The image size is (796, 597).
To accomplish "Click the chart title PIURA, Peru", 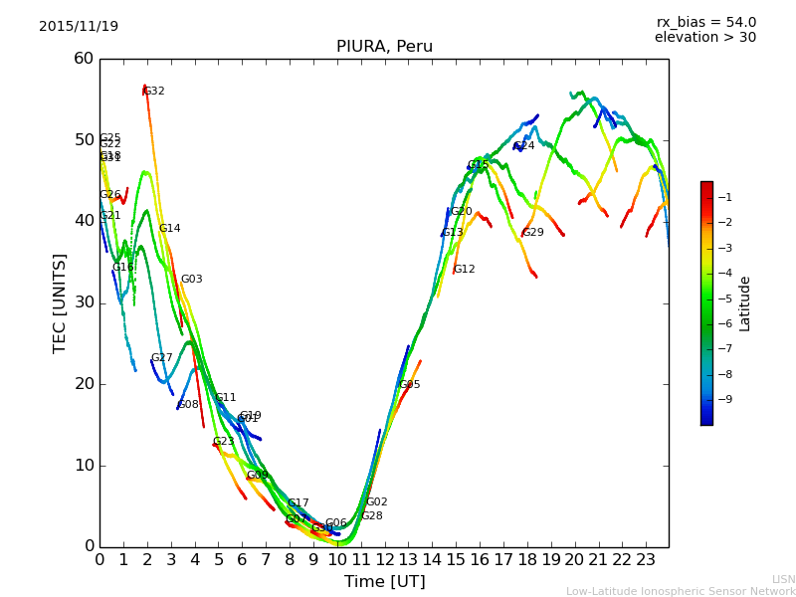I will (384, 47).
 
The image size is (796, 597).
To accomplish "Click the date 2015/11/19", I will (79, 27).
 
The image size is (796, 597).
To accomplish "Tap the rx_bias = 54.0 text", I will (705, 23).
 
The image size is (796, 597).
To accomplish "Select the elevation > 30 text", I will (704, 38).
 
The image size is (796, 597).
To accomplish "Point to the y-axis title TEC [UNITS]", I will (60, 302).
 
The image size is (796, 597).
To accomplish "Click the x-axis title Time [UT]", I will (384, 582).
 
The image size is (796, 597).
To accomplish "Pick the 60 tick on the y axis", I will (84, 59).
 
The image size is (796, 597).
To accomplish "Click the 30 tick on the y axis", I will (84, 302).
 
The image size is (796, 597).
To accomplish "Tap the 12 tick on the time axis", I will (384, 560).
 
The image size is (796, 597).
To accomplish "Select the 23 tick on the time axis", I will (646, 560).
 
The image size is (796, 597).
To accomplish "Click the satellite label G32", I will (154, 92).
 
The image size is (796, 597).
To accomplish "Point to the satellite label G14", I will (170, 229).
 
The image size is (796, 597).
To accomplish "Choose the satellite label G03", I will (191, 280).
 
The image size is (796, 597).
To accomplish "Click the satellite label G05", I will (409, 385).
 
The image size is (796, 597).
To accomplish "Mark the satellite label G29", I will (533, 233).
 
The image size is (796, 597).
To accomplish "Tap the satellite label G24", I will (523, 146).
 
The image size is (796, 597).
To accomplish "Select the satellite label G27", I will (161, 358).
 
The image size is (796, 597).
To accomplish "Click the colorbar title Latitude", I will (745, 303).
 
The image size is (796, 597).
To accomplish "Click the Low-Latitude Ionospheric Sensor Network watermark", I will (681, 592).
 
